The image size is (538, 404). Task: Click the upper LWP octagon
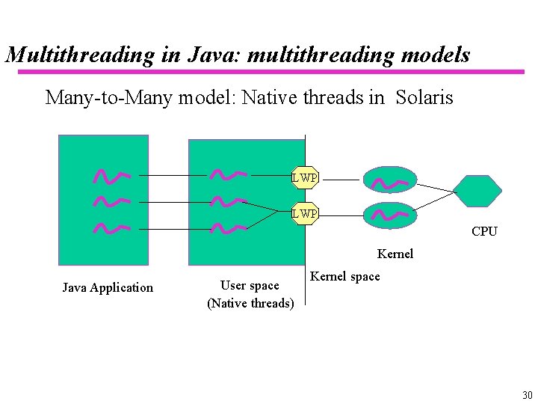[x=305, y=177]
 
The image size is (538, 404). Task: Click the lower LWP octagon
[x=305, y=214]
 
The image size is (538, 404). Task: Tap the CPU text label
[x=484, y=231]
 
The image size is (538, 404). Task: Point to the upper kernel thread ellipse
[x=389, y=180]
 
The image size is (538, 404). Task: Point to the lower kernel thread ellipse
[x=389, y=215]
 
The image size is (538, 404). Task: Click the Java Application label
[x=108, y=287]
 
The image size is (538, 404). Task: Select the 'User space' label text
[x=250, y=285]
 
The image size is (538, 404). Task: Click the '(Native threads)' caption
[x=250, y=303]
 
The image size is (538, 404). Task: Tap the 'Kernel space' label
[x=345, y=276]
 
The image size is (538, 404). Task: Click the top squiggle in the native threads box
[x=228, y=175]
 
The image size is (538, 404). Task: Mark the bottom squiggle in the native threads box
[x=228, y=227]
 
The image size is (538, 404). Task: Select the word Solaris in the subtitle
[x=424, y=97]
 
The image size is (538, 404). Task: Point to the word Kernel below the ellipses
[x=395, y=254]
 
